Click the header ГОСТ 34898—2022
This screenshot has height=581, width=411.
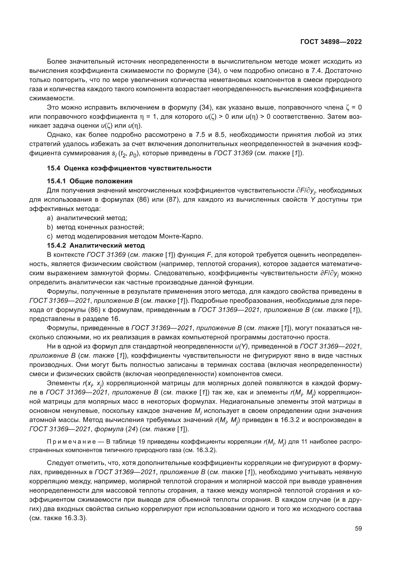(331, 42)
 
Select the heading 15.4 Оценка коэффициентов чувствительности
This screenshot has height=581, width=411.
(129, 168)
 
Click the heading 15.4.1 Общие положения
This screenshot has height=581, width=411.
(90, 181)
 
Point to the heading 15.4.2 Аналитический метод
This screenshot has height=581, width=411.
(96, 245)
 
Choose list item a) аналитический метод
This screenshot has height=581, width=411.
(87, 218)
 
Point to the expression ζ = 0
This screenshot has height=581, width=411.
(353, 108)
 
